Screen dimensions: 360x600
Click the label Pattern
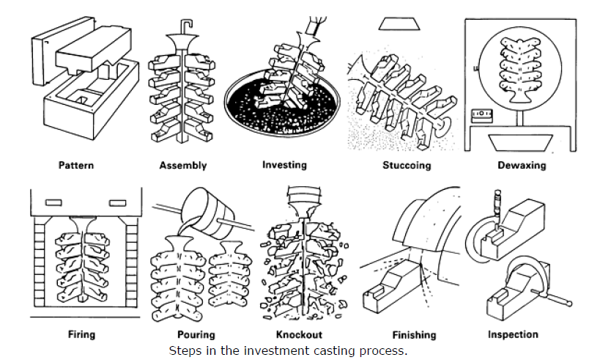[x=76, y=165]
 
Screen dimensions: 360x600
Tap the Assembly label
[x=182, y=165]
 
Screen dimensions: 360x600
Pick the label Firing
[x=81, y=334]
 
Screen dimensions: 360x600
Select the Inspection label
[x=513, y=334]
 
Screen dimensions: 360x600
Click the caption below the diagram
[x=288, y=350]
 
